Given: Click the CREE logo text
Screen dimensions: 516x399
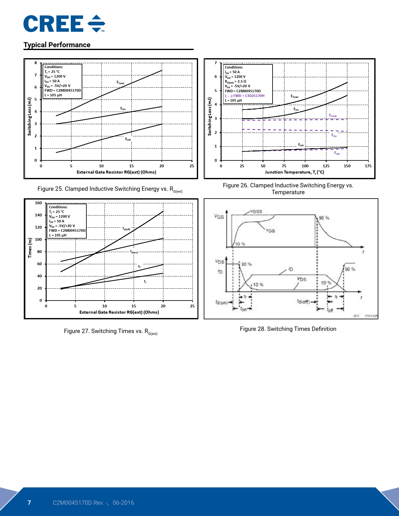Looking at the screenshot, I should coord(54,24).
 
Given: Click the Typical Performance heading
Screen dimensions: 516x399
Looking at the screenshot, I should coord(57,45).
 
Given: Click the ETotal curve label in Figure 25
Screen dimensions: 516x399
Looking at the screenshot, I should coord(120,83).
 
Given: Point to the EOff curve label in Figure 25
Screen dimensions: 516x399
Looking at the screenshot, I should coord(128,139).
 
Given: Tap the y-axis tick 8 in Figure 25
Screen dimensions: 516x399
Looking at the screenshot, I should coord(36,63).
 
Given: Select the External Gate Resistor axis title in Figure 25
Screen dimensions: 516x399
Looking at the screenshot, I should coord(116,172).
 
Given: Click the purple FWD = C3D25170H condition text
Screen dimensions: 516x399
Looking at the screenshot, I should coord(245,96).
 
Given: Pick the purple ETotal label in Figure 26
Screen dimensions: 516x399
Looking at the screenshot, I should coord(333,116).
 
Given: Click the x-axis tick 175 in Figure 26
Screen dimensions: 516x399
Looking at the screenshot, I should coord(368,166).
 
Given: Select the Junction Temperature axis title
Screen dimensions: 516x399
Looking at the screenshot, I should coord(294,172).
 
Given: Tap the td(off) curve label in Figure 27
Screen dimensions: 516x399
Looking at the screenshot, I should coord(126,229).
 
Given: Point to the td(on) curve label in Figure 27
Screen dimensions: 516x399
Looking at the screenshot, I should coord(134,252).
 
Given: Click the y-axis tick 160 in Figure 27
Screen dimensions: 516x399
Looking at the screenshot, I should coord(38,203).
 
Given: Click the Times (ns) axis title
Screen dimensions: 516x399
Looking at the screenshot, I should coord(30,248).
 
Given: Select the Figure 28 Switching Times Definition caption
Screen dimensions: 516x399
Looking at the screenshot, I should coord(288,329).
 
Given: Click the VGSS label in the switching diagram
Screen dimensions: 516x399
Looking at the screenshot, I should coord(256,211).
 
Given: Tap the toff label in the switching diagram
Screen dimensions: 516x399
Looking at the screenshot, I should coord(330,310).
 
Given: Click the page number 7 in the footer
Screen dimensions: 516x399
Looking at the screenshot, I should coord(29,503).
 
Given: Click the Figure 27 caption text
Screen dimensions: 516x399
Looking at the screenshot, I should coord(111,331).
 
